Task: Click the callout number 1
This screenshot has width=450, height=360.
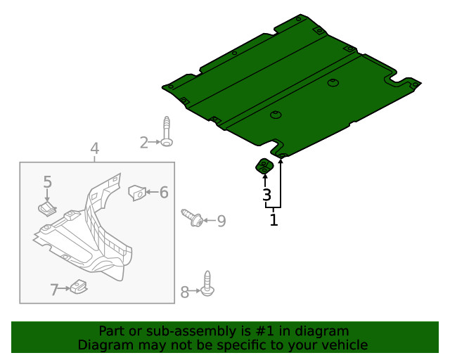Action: click(274, 220)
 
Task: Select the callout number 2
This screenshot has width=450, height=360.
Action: click(144, 143)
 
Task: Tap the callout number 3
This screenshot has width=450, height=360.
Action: click(266, 195)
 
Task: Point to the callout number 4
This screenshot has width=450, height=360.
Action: click(94, 149)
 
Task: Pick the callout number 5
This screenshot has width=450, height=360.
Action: click(47, 182)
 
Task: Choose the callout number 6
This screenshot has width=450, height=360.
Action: click(163, 192)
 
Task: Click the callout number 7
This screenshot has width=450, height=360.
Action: click(54, 289)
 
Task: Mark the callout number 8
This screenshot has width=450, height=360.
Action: click(185, 292)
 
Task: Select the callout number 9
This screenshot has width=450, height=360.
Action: click(221, 221)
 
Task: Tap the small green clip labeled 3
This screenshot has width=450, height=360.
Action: click(264, 167)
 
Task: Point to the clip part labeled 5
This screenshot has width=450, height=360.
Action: click(47, 208)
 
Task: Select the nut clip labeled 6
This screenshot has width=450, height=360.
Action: click(136, 191)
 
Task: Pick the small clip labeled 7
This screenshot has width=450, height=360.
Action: click(79, 286)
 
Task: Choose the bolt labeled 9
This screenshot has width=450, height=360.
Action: click(192, 218)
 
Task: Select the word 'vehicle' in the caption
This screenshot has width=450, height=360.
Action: click(345, 345)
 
